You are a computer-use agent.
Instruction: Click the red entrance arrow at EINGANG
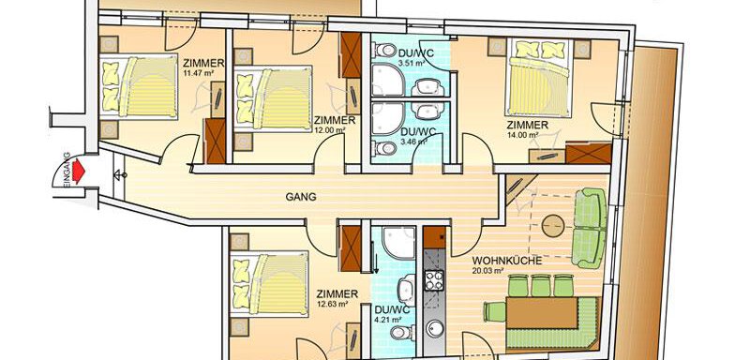pos(79,170)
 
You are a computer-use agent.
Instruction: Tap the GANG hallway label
pos(301,197)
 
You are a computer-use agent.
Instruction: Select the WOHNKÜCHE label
pos(507,261)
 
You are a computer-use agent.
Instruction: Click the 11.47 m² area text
pos(198,73)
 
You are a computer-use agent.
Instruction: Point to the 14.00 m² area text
pos(523,135)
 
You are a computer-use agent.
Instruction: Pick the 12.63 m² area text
pos(332,303)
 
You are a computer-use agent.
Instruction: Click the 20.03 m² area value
pos(488,271)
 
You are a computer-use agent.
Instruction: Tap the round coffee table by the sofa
pos(553,225)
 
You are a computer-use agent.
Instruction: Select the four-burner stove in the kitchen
pos(434,280)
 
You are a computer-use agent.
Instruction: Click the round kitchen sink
pos(435,328)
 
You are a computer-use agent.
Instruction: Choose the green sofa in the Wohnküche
pos(590,228)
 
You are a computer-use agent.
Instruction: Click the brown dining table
pos(542,313)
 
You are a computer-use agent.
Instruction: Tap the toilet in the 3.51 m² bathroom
pos(385,50)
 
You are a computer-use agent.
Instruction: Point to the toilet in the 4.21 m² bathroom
pos(400,332)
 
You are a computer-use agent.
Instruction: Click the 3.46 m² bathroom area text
pos(414,142)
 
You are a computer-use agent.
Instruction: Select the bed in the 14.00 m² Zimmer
pos(539,79)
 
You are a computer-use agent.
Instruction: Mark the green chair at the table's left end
pos(495,311)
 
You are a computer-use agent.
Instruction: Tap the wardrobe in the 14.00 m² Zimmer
pos(589,153)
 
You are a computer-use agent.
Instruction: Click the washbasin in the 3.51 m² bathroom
pos(427,87)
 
